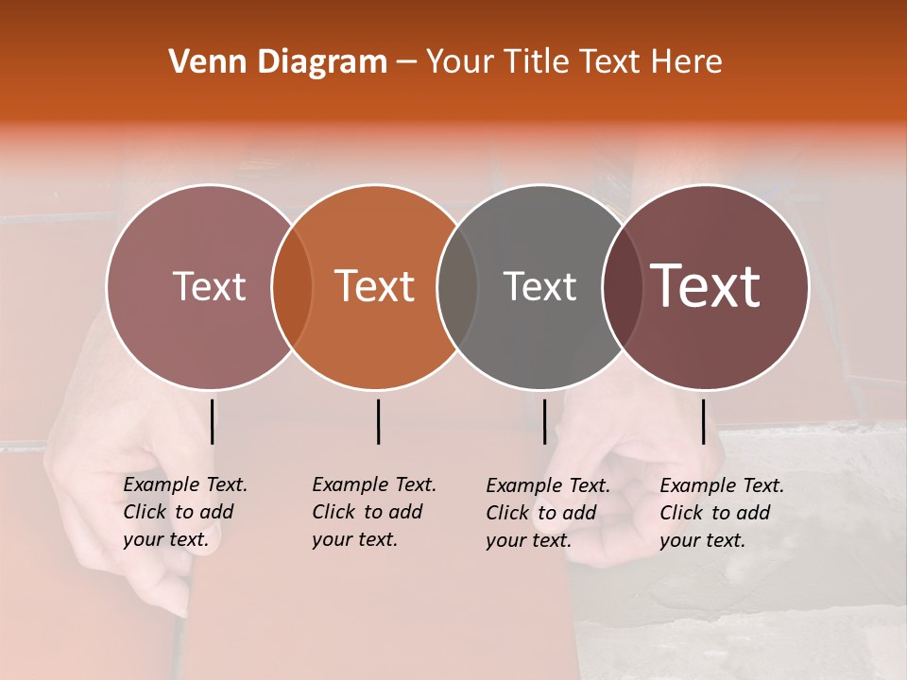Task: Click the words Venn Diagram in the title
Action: point(278,62)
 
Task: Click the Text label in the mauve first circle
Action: point(209,287)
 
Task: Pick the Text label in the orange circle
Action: point(375,287)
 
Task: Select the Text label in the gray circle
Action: point(539,287)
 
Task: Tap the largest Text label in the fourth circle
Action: point(706,286)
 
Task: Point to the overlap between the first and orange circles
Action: point(292,287)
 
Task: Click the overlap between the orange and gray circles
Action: point(457,287)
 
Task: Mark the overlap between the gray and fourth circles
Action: point(622,287)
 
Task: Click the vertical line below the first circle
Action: point(212,421)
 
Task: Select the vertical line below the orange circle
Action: point(378,421)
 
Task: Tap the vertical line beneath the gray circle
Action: point(544,421)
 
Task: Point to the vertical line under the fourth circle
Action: point(703,421)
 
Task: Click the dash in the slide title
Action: point(406,63)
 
